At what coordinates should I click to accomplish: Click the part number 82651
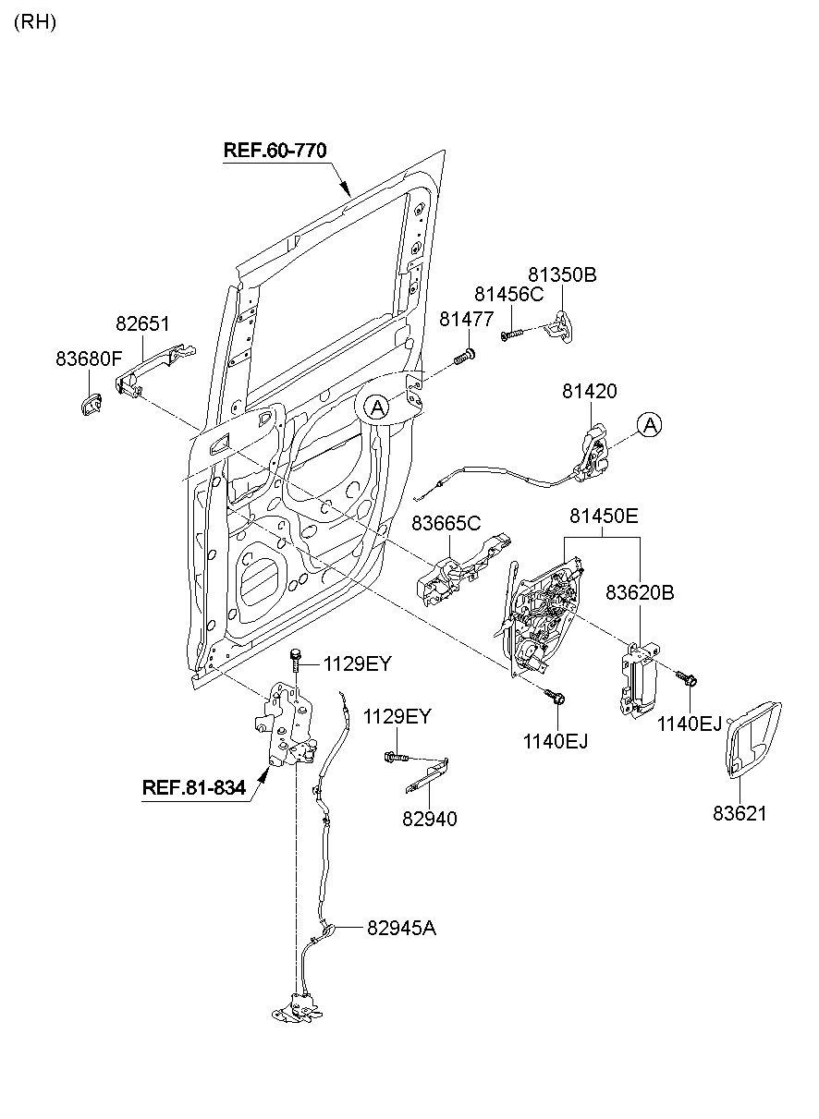[142, 324]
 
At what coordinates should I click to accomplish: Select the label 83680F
[89, 357]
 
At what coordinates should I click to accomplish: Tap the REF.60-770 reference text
[275, 150]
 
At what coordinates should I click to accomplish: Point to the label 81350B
[562, 274]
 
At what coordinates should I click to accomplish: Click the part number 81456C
[509, 294]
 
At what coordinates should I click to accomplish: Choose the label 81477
[467, 319]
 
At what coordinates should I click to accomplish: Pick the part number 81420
[589, 392]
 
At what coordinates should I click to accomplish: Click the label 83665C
[446, 523]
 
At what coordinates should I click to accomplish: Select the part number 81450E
[604, 517]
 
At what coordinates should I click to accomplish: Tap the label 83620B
[641, 593]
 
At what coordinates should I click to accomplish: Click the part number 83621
[740, 814]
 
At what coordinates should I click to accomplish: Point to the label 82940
[429, 818]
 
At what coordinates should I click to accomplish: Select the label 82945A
[401, 928]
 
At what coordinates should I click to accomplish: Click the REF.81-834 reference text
[194, 788]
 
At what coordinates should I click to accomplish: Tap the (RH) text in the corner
[35, 23]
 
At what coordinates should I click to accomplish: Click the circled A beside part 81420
[650, 425]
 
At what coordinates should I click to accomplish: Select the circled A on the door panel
[375, 405]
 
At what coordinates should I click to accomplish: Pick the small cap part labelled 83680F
[92, 404]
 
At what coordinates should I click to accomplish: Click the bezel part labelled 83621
[751, 739]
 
